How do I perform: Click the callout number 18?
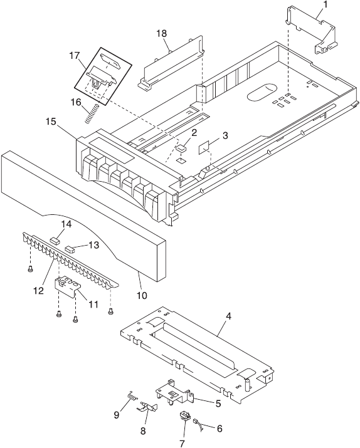[161, 33]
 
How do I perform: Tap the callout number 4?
[228, 316]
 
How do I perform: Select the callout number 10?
[142, 295]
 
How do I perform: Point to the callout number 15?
[51, 122]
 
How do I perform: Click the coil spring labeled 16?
[92, 114]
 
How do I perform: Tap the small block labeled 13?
[70, 249]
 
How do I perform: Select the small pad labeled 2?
[181, 148]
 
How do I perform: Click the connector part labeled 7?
[184, 415]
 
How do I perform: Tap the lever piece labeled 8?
[147, 406]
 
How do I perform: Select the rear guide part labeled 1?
[311, 30]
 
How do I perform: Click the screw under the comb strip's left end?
[30, 269]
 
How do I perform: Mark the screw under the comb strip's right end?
[110, 311]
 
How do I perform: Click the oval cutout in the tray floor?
[261, 92]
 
